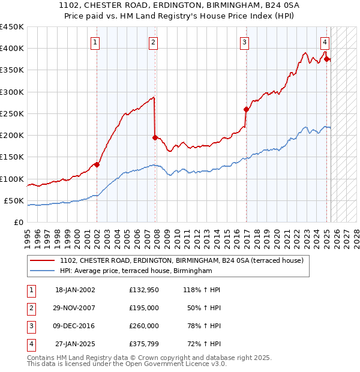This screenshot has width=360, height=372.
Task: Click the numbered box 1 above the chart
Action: (x=96, y=42)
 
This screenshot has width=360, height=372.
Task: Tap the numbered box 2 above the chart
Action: (x=154, y=42)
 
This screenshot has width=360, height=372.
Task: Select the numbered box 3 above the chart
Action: (x=245, y=42)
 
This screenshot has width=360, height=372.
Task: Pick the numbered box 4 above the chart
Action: (x=325, y=42)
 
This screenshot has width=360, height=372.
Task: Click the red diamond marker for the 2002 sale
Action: (x=97, y=164)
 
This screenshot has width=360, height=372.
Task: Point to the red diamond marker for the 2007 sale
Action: (x=155, y=137)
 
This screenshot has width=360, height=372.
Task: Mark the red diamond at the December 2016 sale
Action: (x=246, y=109)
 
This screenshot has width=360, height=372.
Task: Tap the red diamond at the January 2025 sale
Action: (x=327, y=59)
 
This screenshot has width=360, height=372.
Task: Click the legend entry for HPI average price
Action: (x=136, y=271)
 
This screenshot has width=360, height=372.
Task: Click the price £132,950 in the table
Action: (x=144, y=290)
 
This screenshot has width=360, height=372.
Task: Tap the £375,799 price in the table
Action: (x=144, y=344)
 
